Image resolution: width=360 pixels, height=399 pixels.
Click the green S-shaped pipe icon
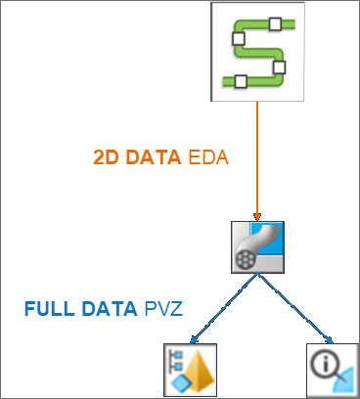tap(257, 52)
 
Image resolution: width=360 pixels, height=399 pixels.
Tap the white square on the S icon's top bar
tap(275, 24)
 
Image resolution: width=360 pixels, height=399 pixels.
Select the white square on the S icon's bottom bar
tap(241, 81)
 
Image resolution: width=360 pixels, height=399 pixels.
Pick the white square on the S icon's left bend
tap(239, 39)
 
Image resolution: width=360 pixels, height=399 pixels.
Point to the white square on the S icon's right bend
tap(279, 67)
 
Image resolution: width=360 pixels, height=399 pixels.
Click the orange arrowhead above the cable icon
tap(257, 217)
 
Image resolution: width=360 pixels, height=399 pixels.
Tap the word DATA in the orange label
tap(154, 157)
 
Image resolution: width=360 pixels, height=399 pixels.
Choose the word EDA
tap(208, 157)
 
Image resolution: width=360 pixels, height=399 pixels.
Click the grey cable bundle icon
tap(257, 247)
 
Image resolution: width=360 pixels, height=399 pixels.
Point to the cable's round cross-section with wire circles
tap(246, 259)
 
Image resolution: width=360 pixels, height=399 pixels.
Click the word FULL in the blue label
tap(50, 309)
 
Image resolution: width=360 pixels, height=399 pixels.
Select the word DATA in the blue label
tap(110, 309)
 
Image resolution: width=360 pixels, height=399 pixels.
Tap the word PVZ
tap(163, 309)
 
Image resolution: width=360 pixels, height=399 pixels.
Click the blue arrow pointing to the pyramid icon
tap(224, 309)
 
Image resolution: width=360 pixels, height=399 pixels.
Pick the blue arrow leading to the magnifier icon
tap(295, 309)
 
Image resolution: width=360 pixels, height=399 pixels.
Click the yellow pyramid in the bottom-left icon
tap(200, 372)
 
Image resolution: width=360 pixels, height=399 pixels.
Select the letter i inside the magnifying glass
tap(325, 363)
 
